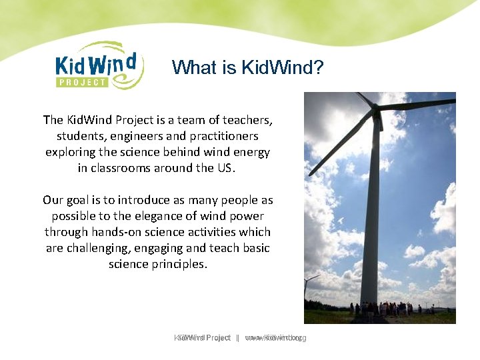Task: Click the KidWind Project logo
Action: [x=99, y=65]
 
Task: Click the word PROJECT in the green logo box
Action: [x=81, y=83]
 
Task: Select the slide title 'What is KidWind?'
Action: [x=247, y=67]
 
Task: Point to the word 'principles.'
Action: [x=176, y=264]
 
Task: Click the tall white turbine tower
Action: [x=372, y=220]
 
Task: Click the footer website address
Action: [x=275, y=338]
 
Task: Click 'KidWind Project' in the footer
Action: [x=202, y=338]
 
